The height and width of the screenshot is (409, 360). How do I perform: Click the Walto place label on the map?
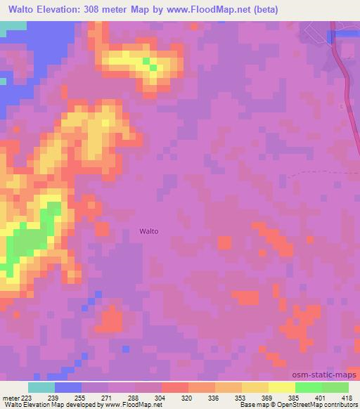(148, 231)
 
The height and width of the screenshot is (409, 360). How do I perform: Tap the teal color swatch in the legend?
(41, 387)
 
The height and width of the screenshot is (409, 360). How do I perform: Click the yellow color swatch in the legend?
(282, 387)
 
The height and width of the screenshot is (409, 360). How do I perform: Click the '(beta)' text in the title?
(266, 10)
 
